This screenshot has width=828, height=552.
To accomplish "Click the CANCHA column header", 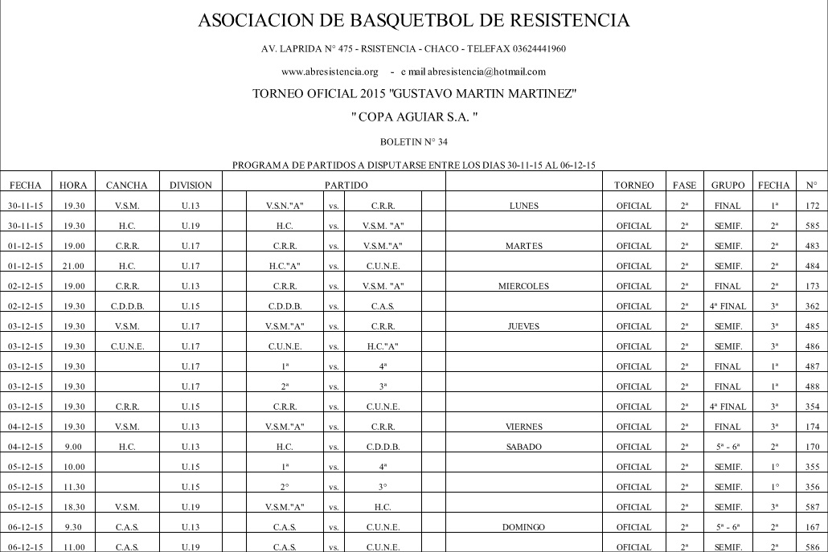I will click(x=127, y=186).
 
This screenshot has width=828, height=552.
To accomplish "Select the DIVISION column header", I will click(x=191, y=186).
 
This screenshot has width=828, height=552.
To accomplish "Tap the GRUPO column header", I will click(x=728, y=186).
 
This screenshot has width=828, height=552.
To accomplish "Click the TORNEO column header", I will click(x=639, y=186).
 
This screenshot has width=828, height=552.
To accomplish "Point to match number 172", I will click(x=811, y=206).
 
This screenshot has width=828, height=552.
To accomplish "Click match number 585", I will click(x=811, y=226).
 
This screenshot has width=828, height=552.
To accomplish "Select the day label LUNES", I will click(x=524, y=206).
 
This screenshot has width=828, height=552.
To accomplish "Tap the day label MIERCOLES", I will click(x=524, y=286).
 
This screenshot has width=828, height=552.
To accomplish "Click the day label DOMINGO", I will click(x=524, y=527).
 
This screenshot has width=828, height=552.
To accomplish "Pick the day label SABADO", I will click(x=524, y=447).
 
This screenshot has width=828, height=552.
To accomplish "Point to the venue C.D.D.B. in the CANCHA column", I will click(x=127, y=306).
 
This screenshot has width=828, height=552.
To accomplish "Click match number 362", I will click(x=811, y=306).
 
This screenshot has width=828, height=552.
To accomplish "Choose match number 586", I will click(x=811, y=547).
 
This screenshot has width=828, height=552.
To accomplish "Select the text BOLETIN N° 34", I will click(x=413, y=142).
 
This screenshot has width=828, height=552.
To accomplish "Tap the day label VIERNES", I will click(x=524, y=427).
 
